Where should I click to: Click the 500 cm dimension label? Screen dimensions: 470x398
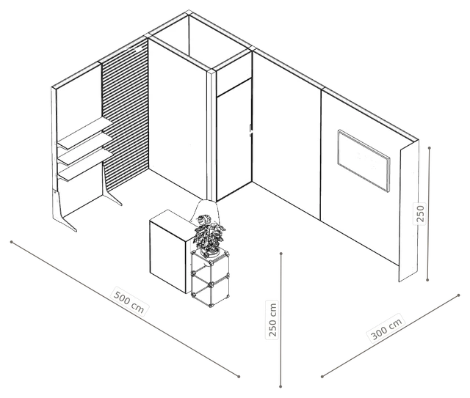pos(129,301)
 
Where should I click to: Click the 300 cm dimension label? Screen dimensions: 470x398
pos(386,328)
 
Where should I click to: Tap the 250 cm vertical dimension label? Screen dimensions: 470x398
pos(272,320)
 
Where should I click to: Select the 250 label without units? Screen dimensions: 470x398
pos(421,213)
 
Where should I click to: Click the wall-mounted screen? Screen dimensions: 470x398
pos(364,160)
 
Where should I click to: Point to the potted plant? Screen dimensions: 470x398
pos(209,235)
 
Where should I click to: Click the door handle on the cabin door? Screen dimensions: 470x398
pos(250,130)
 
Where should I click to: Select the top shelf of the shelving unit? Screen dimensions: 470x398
pos(85,133)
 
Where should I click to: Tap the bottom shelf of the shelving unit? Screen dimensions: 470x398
pos(85,166)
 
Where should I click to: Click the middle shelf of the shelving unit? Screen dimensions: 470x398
pos(85,150)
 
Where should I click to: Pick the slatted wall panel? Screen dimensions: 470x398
pos(126,117)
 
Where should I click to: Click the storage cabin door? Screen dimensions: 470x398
pos(234,140)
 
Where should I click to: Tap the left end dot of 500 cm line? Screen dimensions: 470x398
pos(12,242)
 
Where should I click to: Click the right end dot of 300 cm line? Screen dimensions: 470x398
pos(458,295)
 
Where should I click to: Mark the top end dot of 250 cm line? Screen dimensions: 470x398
pos(281,254)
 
